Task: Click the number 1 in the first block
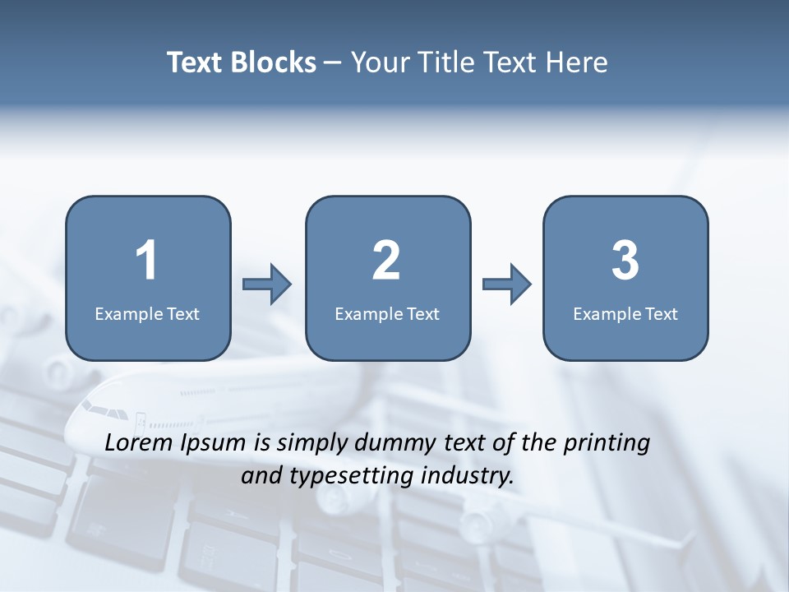coord(147,261)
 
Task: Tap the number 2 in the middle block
coord(386,261)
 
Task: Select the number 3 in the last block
coord(625,261)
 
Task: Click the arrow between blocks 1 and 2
coord(267,284)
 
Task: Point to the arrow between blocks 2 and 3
coord(506,284)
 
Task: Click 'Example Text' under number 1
coord(147,314)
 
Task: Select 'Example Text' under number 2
coord(387,314)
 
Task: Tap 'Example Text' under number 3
coord(625,314)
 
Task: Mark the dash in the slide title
coord(333,63)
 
